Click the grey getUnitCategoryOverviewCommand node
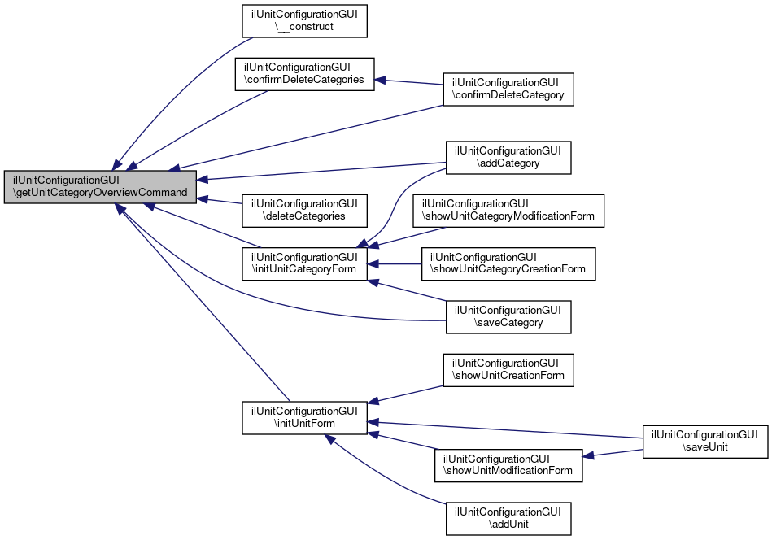[100, 186]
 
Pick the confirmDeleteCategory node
[508, 89]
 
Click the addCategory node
[508, 157]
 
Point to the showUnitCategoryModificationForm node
[508, 210]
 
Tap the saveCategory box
[508, 316]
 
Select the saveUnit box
[705, 441]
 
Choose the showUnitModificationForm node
[508, 464]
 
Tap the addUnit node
[508, 518]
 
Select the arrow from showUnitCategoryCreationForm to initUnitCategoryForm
[399, 263]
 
